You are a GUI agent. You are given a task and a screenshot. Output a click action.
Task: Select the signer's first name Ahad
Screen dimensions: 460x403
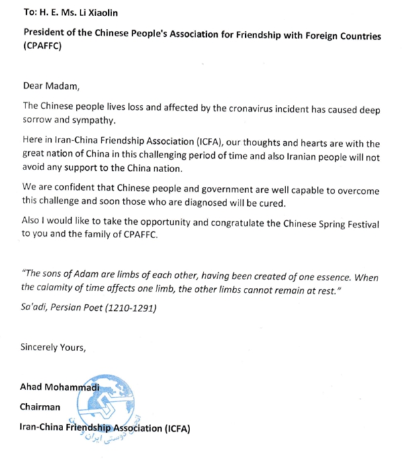tap(33, 387)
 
